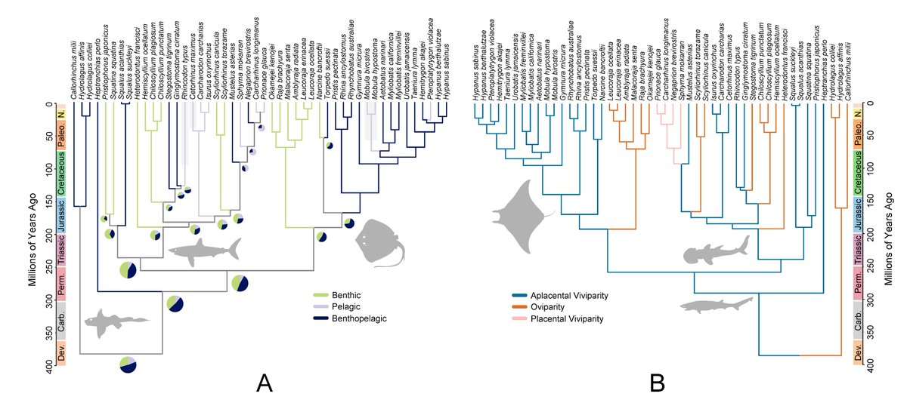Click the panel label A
(x=264, y=384)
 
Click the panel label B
(x=656, y=384)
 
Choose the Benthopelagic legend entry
(x=351, y=319)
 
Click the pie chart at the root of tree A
(x=128, y=364)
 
